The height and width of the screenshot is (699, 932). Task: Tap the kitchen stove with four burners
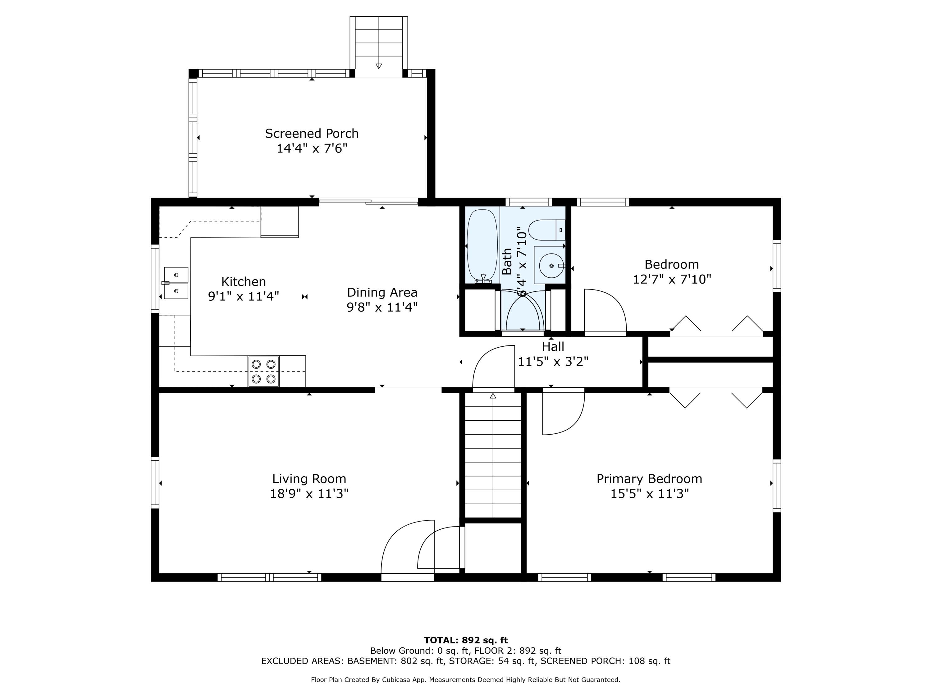263,371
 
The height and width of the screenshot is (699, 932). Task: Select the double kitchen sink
176,283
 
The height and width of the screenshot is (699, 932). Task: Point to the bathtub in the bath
482,246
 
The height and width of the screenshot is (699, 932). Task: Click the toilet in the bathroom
547,230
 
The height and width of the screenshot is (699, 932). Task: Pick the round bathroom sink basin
551,265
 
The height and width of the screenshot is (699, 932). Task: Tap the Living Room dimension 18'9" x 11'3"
309,493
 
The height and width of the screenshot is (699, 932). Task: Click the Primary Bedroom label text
649,479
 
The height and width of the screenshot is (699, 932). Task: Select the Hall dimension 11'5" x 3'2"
553,362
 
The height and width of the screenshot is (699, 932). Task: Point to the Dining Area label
382,292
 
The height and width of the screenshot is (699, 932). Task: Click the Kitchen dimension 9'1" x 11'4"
244,296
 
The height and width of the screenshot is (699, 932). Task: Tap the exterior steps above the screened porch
379,43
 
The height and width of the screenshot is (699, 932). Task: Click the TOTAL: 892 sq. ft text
466,640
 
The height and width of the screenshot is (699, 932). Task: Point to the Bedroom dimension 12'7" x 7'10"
672,279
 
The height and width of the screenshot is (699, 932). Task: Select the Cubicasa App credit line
466,680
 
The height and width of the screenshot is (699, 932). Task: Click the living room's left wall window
155,482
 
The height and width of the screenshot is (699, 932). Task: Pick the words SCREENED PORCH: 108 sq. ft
605,661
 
